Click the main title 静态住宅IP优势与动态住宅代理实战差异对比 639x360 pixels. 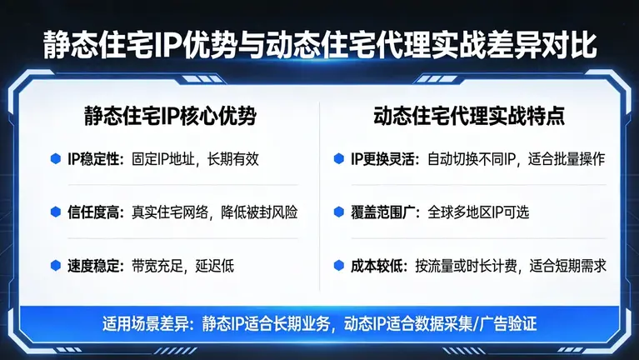click(319, 45)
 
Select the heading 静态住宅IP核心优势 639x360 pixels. click(170, 116)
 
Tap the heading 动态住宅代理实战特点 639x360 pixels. click(469, 116)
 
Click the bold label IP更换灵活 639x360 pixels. click(383, 157)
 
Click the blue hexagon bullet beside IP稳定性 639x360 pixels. click(56, 157)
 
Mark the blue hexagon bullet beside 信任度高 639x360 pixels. click(56, 212)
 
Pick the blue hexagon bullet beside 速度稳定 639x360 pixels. click(56, 266)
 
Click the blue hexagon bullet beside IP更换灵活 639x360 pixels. click(337, 157)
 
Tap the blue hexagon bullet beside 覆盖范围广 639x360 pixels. click(337, 212)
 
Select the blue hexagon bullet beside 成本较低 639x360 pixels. click(337, 266)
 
